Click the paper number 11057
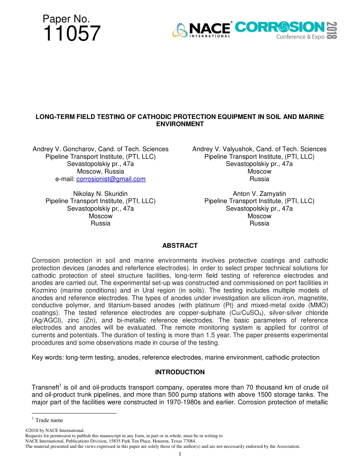click(72, 33)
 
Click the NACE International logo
click(202, 30)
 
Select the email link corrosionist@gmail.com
click(111, 179)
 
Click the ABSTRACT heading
click(180, 246)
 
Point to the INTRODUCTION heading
click(180, 372)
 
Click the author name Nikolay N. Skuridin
click(100, 194)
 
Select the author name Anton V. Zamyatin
click(259, 194)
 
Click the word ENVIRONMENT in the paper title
click(180, 124)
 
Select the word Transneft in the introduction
click(45, 388)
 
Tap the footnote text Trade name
click(49, 420)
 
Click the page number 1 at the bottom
click(180, 454)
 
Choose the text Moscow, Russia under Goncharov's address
click(100, 171)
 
